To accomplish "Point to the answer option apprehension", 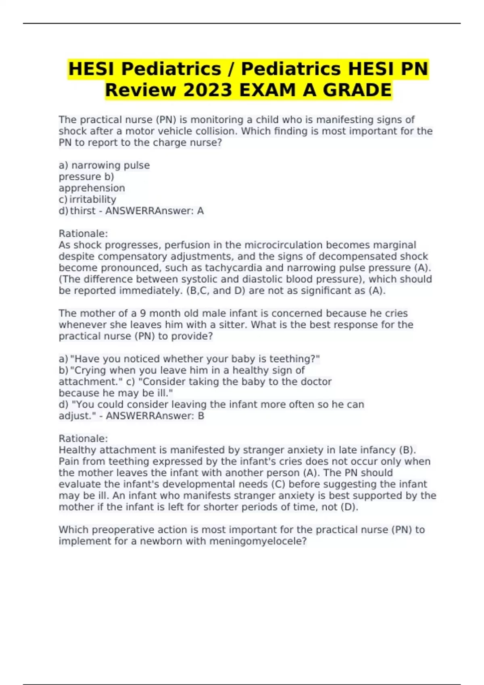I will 92,188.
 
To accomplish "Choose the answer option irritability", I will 93,199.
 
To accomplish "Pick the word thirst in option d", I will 83,211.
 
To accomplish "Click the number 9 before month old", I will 143,313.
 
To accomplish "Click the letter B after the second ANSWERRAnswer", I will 201,416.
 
